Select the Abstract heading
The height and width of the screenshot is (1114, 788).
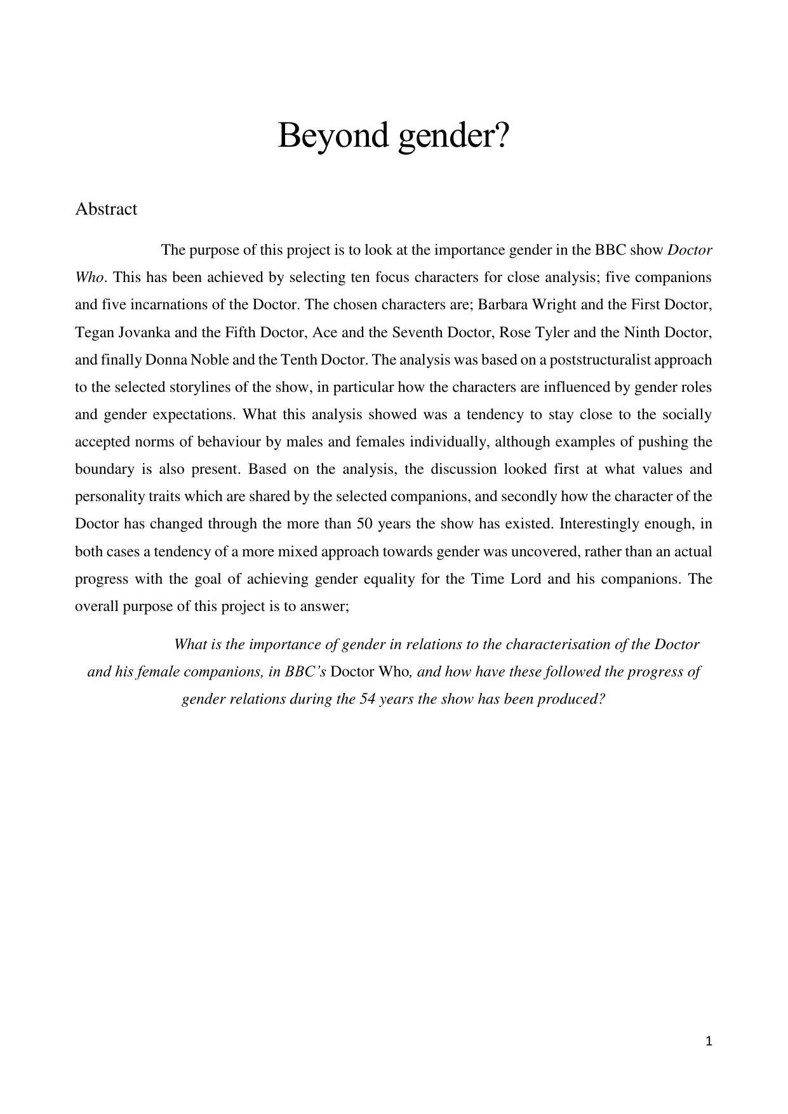106,209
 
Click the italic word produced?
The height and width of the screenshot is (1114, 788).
571,699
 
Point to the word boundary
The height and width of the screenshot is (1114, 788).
104,469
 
